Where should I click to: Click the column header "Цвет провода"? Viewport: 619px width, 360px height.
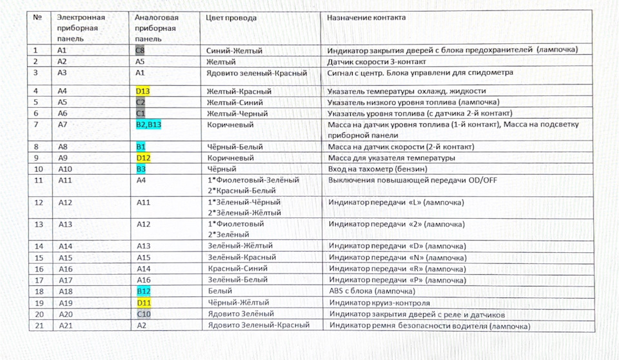[231, 18]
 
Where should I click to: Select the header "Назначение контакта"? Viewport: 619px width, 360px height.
[366, 17]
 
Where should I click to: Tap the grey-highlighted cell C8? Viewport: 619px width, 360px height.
[140, 50]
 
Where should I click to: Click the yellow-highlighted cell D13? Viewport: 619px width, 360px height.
[142, 91]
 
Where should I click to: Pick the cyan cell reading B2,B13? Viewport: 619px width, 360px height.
[148, 125]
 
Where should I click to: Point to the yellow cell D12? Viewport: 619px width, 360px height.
[143, 158]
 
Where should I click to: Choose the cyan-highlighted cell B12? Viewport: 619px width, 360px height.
[144, 291]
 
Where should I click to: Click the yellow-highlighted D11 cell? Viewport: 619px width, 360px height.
[144, 303]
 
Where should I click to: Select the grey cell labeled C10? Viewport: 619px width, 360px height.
[144, 315]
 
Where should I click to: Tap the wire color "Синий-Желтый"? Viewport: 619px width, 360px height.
[234, 50]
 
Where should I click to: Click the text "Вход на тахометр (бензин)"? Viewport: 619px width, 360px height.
[378, 169]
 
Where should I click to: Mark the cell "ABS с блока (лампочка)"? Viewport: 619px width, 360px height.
[372, 291]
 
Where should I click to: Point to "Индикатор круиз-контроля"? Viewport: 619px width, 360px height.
[380, 303]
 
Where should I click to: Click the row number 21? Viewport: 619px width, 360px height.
[39, 326]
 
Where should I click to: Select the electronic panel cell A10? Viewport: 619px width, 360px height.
[65, 169]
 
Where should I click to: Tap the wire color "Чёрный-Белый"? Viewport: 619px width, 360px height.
[235, 147]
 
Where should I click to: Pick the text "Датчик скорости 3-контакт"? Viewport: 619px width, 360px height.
[377, 62]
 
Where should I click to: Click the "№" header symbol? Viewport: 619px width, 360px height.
[37, 17]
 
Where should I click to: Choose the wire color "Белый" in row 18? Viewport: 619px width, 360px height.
[221, 291]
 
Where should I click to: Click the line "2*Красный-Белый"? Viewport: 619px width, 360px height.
[242, 190]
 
